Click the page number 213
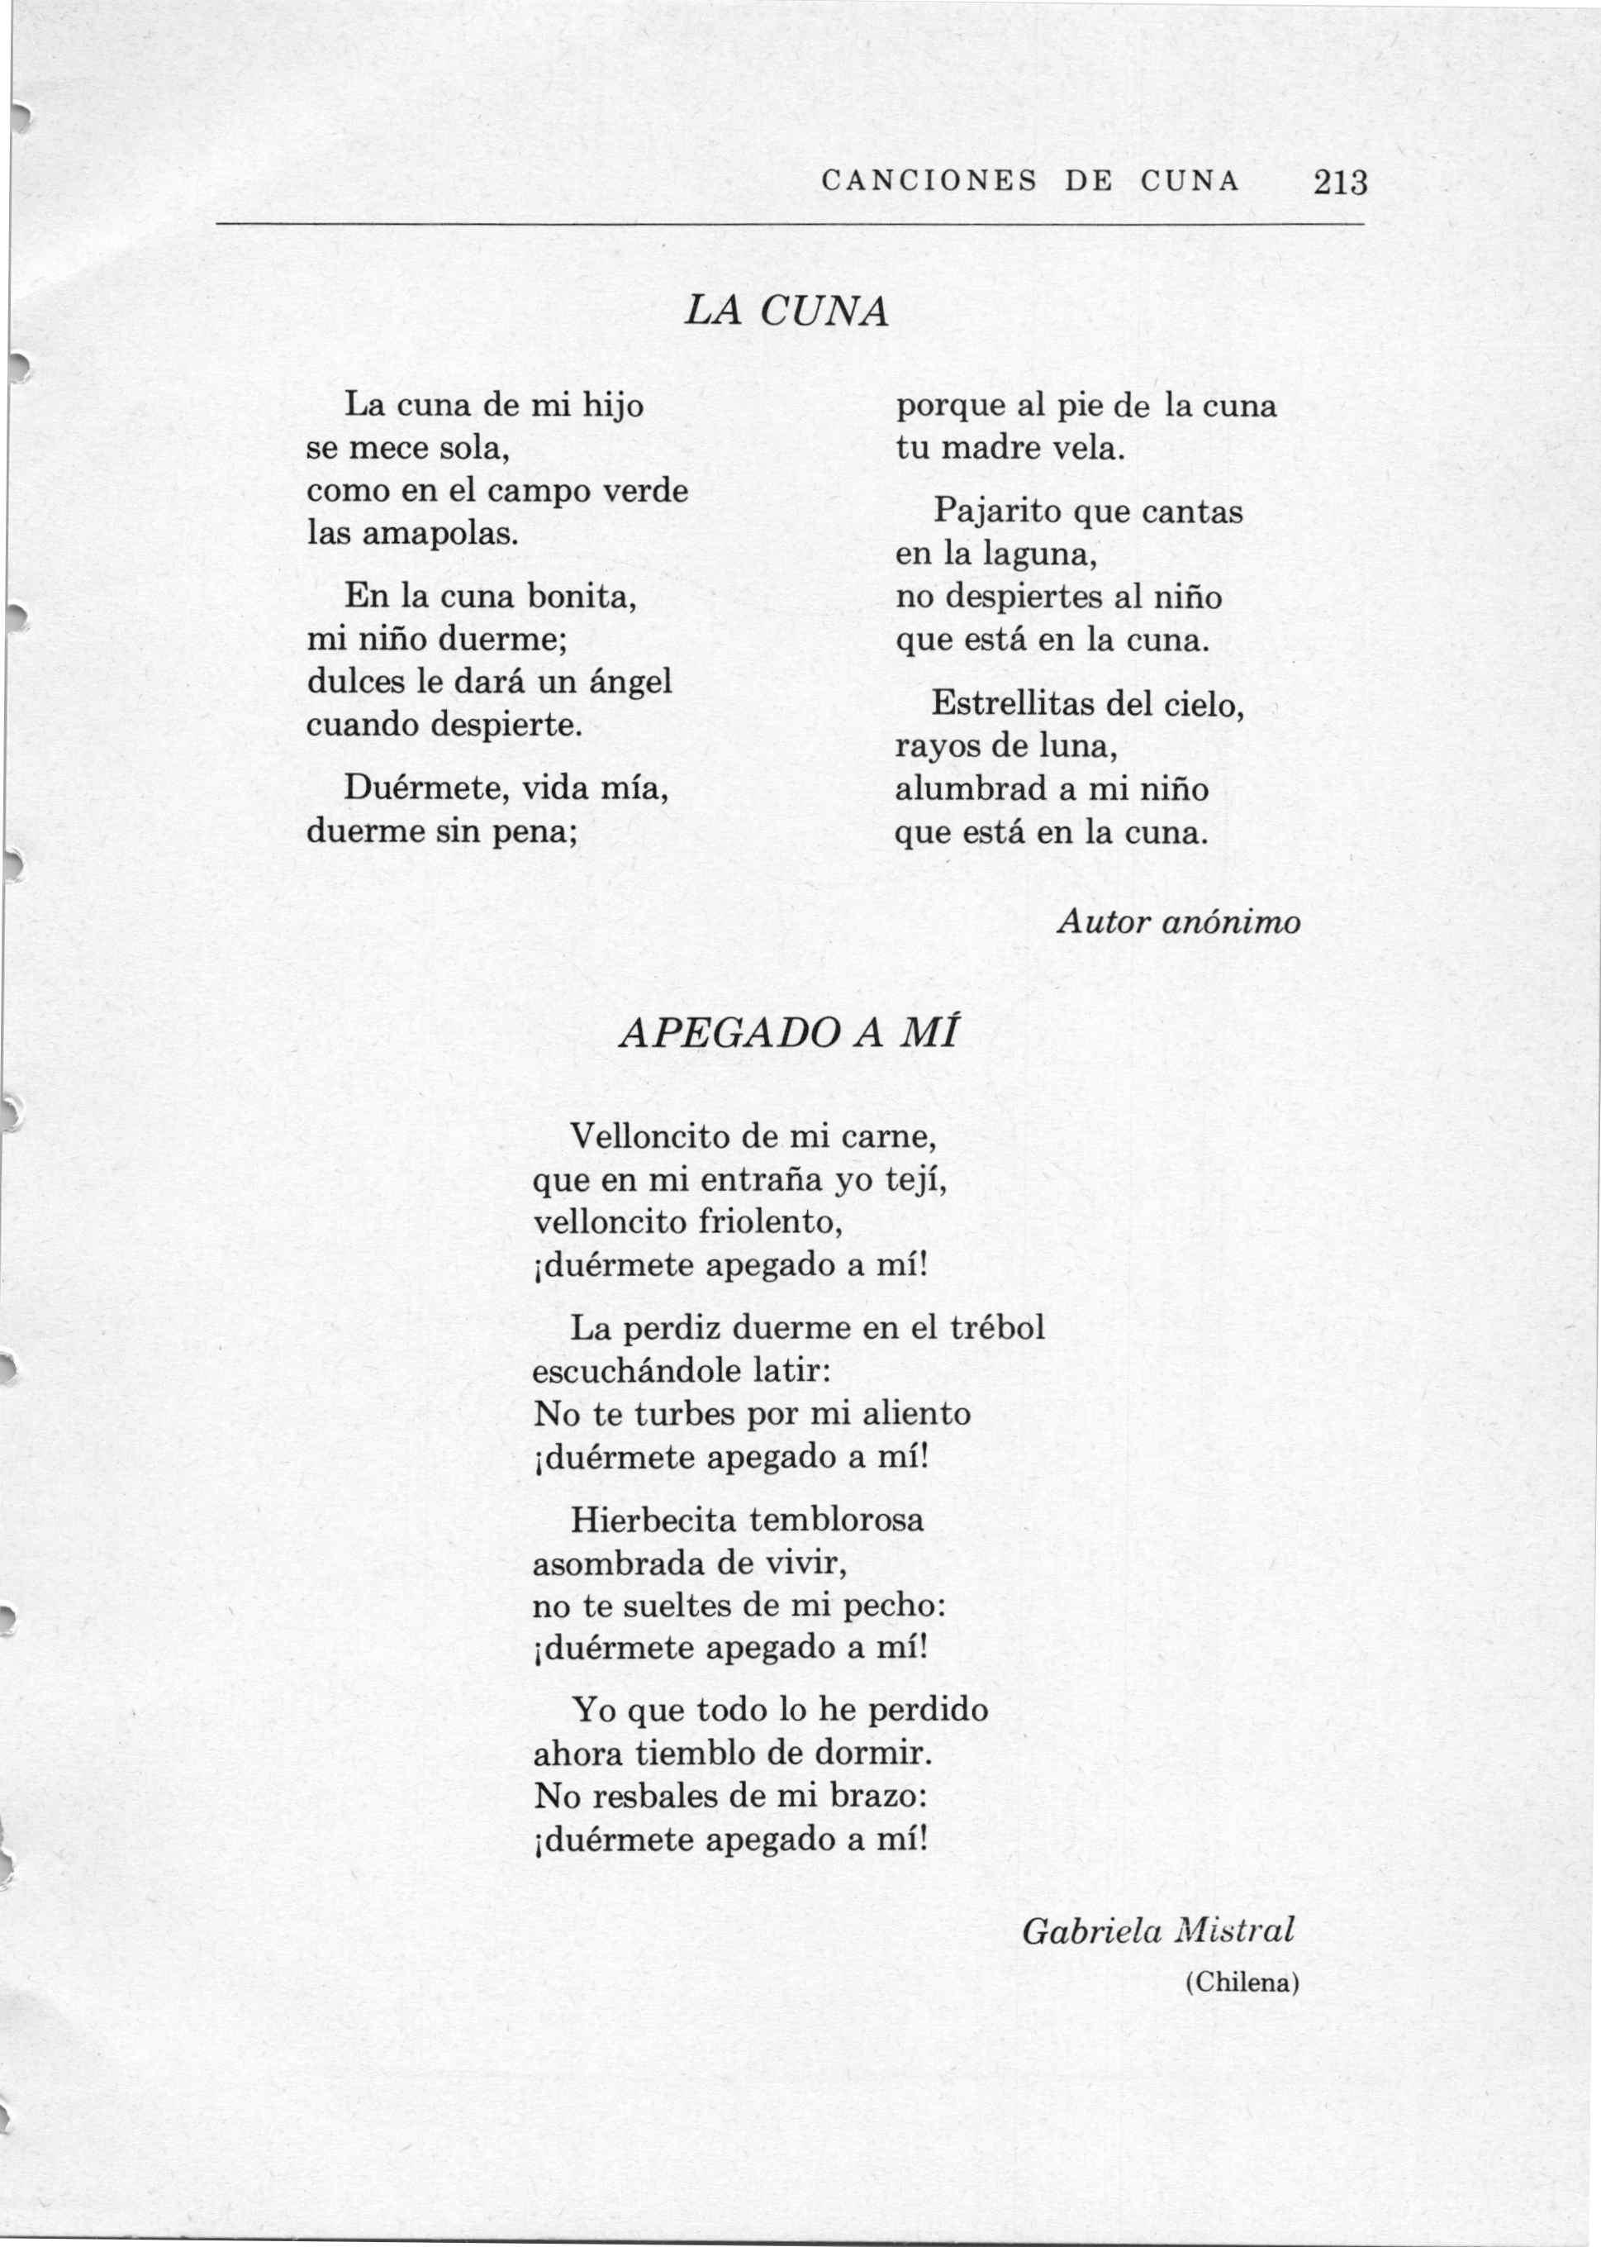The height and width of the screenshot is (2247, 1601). tap(1340, 183)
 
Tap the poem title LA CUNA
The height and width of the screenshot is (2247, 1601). tap(786, 312)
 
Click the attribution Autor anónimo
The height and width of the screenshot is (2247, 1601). tap(1178, 922)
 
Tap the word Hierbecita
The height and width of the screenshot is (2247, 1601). tap(653, 1520)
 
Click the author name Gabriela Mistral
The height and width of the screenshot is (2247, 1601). tap(1157, 1930)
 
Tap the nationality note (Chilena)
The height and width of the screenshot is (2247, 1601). tap(1241, 1983)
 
